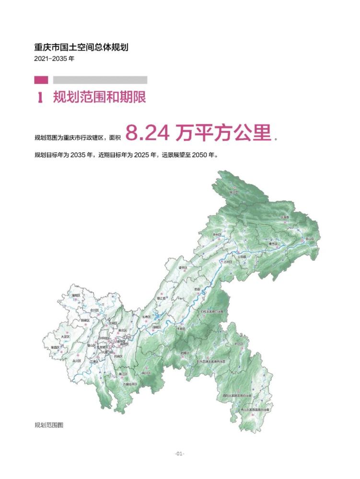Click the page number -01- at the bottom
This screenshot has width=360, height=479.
click(x=180, y=454)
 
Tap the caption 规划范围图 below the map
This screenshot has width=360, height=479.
click(x=49, y=424)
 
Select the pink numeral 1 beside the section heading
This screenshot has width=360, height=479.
click(x=41, y=98)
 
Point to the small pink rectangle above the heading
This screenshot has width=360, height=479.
click(x=41, y=80)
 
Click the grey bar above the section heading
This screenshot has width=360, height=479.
click(x=100, y=80)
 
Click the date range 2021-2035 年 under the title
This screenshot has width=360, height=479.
click(x=55, y=59)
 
